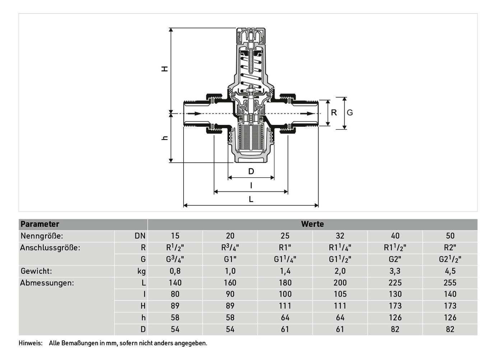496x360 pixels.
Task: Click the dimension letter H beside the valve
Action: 164,69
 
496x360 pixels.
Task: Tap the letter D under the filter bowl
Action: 251,171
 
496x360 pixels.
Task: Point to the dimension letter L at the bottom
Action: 251,199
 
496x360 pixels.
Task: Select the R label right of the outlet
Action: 334,113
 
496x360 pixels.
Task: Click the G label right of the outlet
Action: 350,113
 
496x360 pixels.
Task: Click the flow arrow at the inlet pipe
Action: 194,114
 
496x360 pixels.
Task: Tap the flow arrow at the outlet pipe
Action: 307,114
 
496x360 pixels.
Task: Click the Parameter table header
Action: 40,224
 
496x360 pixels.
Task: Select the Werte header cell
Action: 312,224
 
